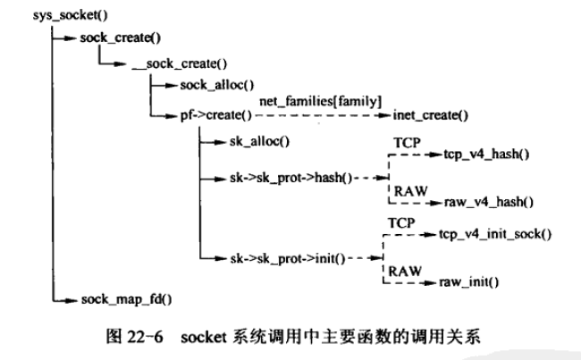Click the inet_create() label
click(x=431, y=115)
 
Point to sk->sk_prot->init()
click(x=276, y=259)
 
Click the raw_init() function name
click(x=468, y=282)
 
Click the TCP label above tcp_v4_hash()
click(x=404, y=141)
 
